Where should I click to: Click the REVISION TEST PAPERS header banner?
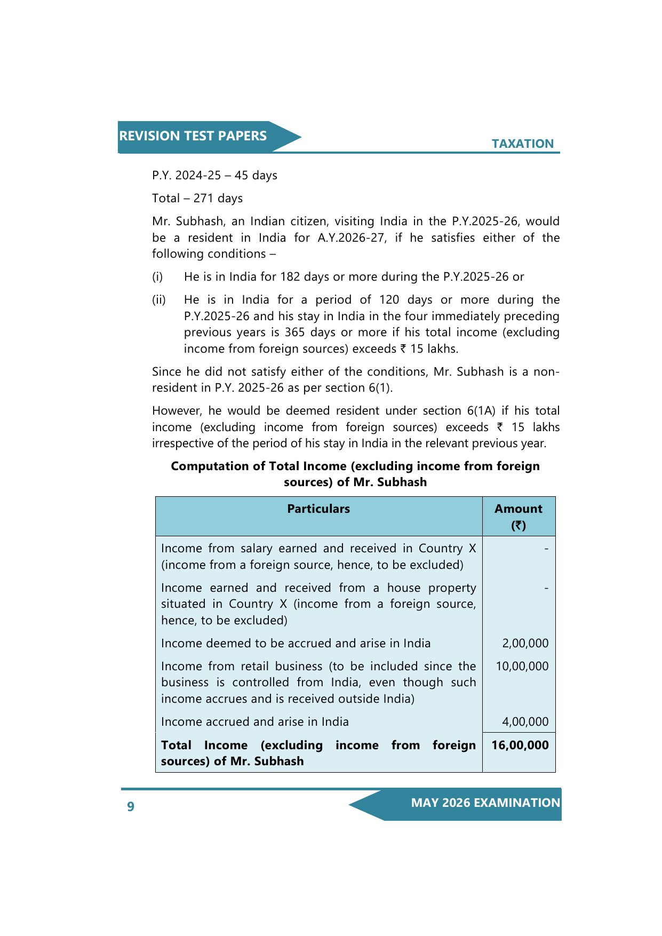coord(193,136)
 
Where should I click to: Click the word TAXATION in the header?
coord(522,144)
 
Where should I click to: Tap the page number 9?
coord(131,806)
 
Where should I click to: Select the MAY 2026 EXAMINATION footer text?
coord(485,803)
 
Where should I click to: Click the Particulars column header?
coord(318,509)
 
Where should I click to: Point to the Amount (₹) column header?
coord(519,516)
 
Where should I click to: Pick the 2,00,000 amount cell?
coord(525,643)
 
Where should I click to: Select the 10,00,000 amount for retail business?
coord(522,666)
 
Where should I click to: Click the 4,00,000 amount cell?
coord(525,721)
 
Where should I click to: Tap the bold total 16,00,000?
coord(520,745)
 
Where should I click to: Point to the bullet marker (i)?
coord(157,277)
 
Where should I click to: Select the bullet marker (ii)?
coord(159,300)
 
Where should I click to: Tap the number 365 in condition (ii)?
coord(294,332)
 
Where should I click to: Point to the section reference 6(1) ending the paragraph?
coord(380,388)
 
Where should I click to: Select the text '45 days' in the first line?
coord(256,176)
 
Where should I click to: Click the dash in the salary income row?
coord(546,549)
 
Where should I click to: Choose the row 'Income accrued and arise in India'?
coord(255,721)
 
